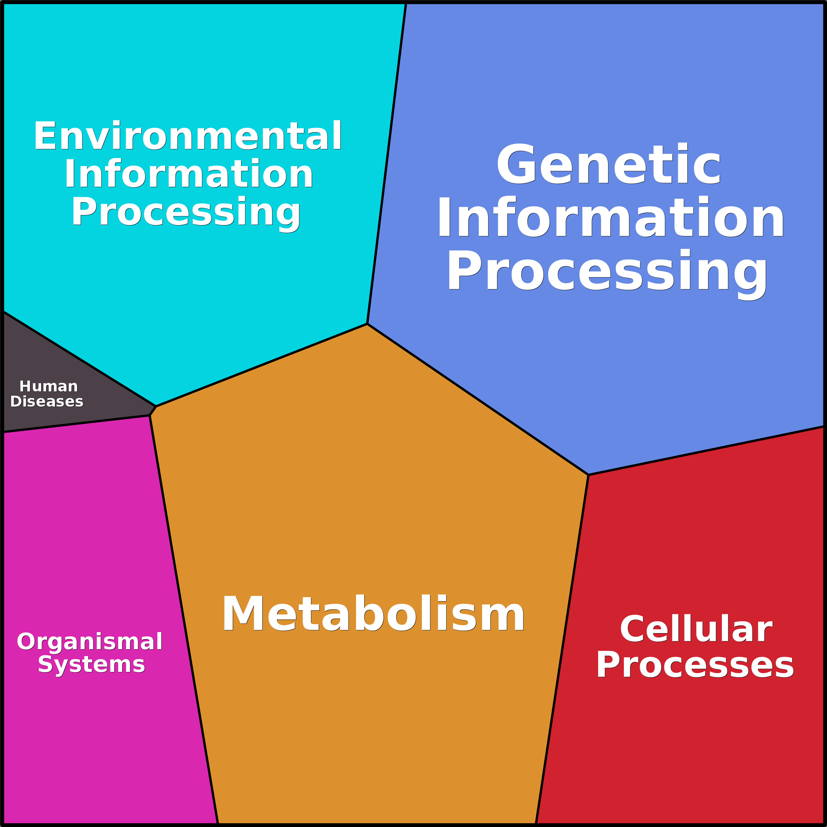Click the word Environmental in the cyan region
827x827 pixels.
tap(187, 136)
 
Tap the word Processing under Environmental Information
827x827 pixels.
tap(186, 213)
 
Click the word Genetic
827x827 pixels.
tap(608, 164)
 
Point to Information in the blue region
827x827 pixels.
tap(610, 216)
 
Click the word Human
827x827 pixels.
tap(48, 387)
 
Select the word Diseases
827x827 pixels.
tap(47, 402)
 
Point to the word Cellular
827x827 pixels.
tap(696, 629)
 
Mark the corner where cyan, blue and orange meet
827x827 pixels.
tap(367, 324)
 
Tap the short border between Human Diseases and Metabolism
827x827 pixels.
tap(153, 411)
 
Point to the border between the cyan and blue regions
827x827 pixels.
tap(387, 164)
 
